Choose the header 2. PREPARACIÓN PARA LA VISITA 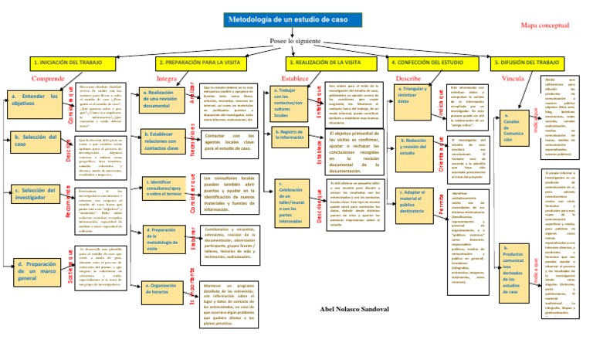tap(201, 61)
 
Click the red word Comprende tap(48, 78)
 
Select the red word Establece tap(300, 78)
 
